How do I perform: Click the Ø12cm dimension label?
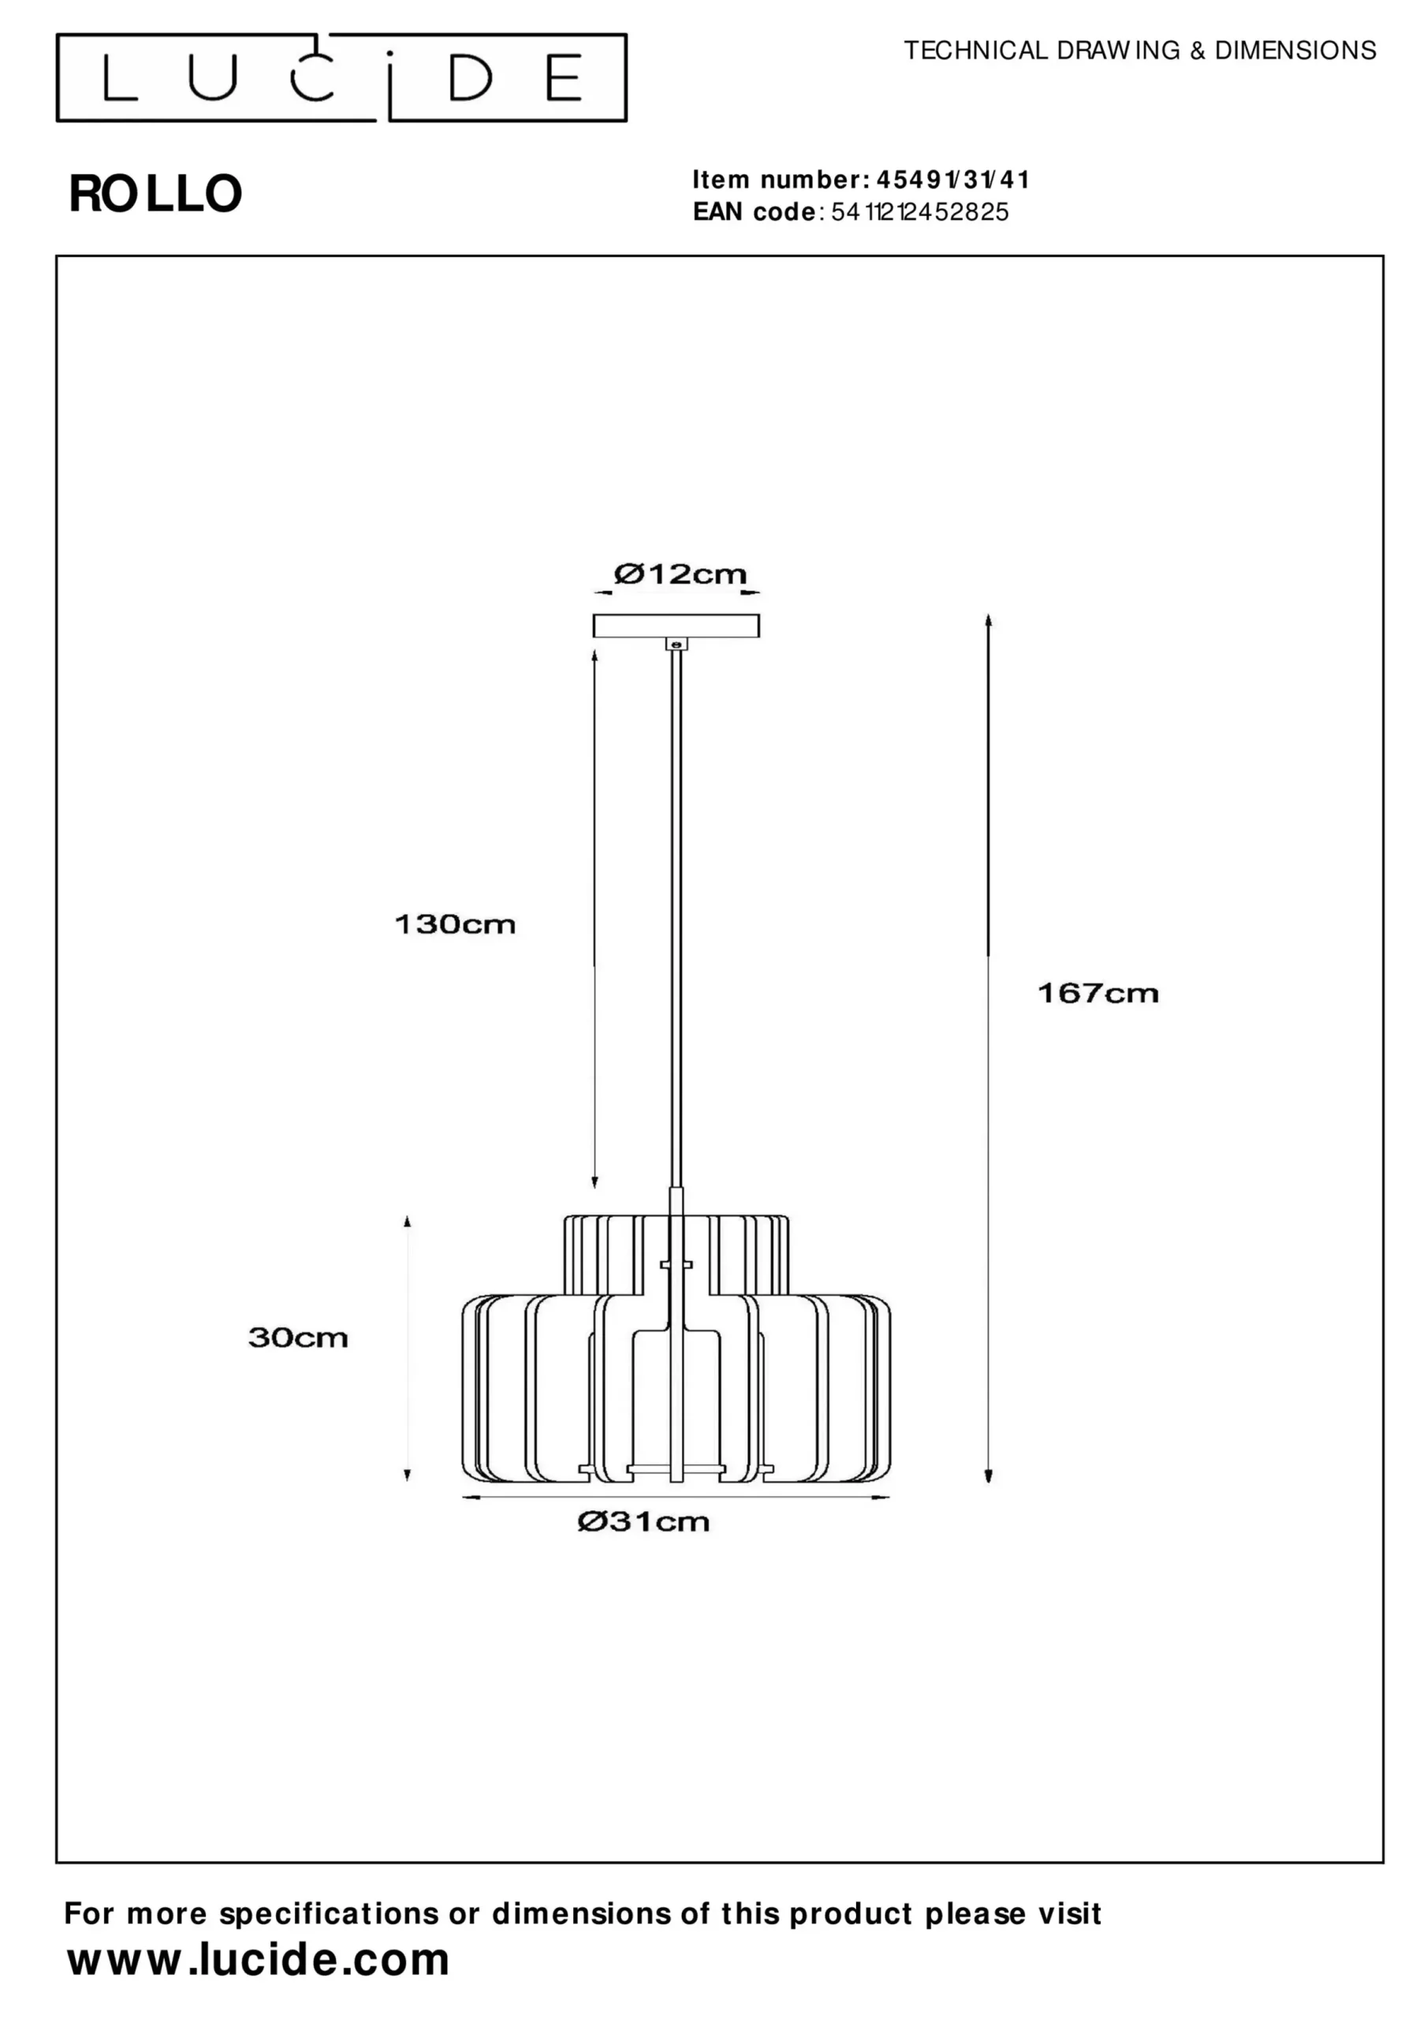pyautogui.click(x=680, y=574)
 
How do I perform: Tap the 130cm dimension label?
pyautogui.click(x=455, y=924)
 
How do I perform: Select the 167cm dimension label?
pyautogui.click(x=1098, y=994)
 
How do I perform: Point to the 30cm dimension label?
pyautogui.click(x=298, y=1338)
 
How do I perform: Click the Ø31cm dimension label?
pyautogui.click(x=643, y=1522)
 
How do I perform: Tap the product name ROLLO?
pyautogui.click(x=155, y=193)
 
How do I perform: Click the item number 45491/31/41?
pyautogui.click(x=953, y=181)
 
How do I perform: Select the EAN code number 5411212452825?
pyautogui.click(x=920, y=212)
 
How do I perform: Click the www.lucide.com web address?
pyautogui.click(x=259, y=1960)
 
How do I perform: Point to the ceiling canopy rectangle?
pyautogui.click(x=676, y=626)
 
